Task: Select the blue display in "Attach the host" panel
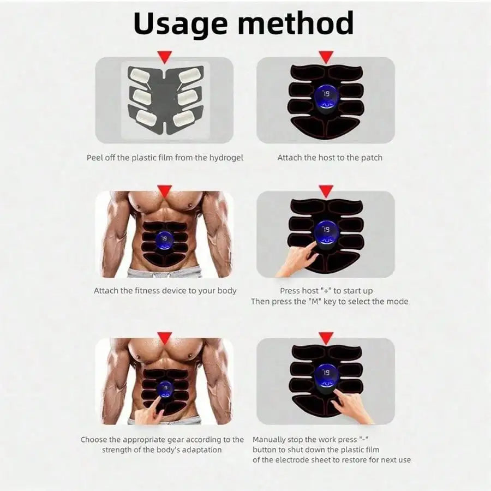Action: [x=326, y=97]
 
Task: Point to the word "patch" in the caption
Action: [x=372, y=158]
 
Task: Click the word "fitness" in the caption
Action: [x=151, y=291]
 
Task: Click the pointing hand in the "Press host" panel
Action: [x=297, y=260]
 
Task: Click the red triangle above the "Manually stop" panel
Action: [x=326, y=338]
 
